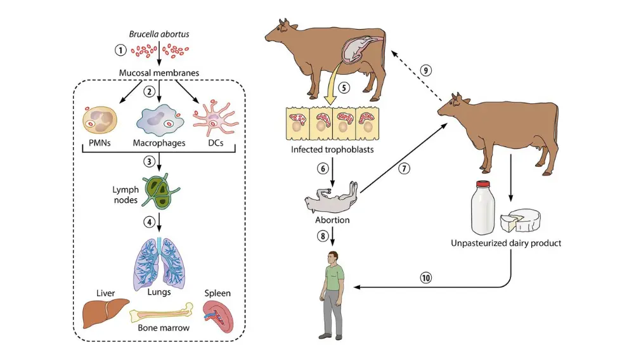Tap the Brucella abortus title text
coord(158,34)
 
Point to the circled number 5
coord(344,88)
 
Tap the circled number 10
coord(426,277)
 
